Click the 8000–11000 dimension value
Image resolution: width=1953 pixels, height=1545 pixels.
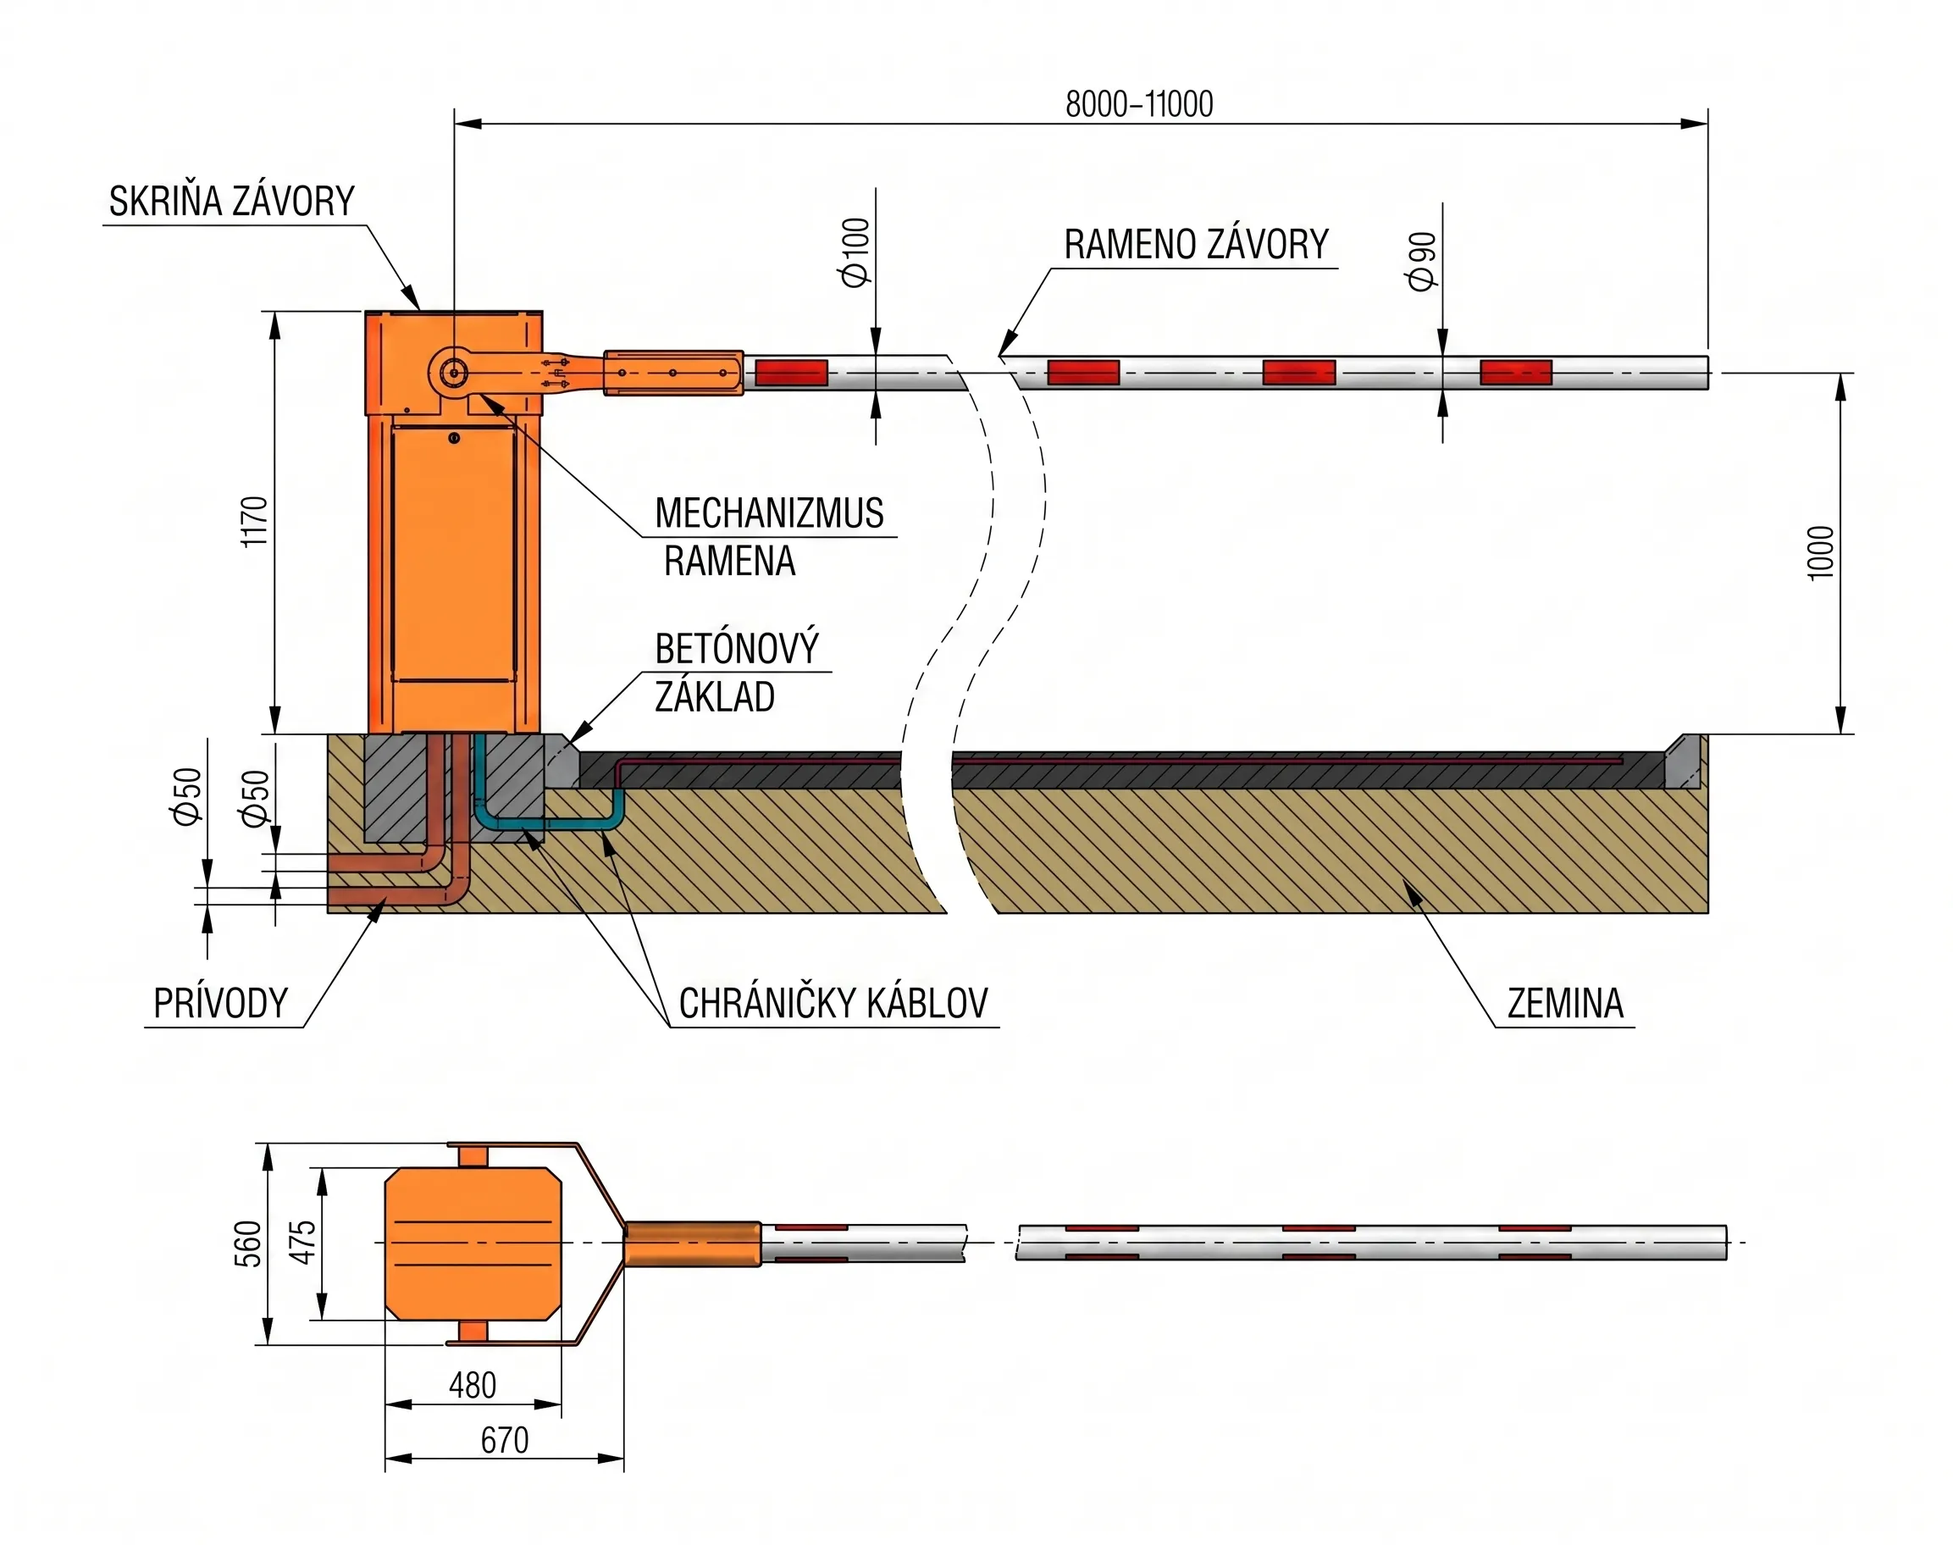pyautogui.click(x=1139, y=105)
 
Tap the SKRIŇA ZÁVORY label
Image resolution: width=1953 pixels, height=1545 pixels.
pyautogui.click(x=231, y=201)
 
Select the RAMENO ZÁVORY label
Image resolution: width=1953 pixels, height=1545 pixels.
pyautogui.click(x=1196, y=244)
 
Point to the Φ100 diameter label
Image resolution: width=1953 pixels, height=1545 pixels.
pyautogui.click(x=855, y=252)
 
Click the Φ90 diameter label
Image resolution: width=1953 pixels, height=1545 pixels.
pyautogui.click(x=1422, y=262)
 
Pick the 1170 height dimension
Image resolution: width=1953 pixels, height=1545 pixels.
pyautogui.click(x=256, y=521)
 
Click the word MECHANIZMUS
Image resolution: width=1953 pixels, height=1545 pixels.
pyautogui.click(x=769, y=513)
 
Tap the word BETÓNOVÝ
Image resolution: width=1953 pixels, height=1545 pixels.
pyautogui.click(x=736, y=649)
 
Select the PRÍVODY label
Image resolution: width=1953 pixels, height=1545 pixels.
pyautogui.click(x=220, y=1004)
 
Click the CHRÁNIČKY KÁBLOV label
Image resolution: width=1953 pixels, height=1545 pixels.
pyautogui.click(x=833, y=1004)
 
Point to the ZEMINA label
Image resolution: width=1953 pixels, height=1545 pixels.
pyautogui.click(x=1565, y=1004)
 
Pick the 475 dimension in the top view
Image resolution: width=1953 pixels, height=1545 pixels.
pyautogui.click(x=304, y=1242)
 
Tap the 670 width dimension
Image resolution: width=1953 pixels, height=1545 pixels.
pyautogui.click(x=504, y=1441)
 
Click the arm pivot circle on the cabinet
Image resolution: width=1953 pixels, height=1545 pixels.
pyautogui.click(x=453, y=371)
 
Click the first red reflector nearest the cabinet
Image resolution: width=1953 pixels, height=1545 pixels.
pyautogui.click(x=792, y=372)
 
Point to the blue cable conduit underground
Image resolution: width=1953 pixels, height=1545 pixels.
pyautogui.click(x=543, y=822)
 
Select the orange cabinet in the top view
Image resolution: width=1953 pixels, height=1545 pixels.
pyautogui.click(x=473, y=1242)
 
